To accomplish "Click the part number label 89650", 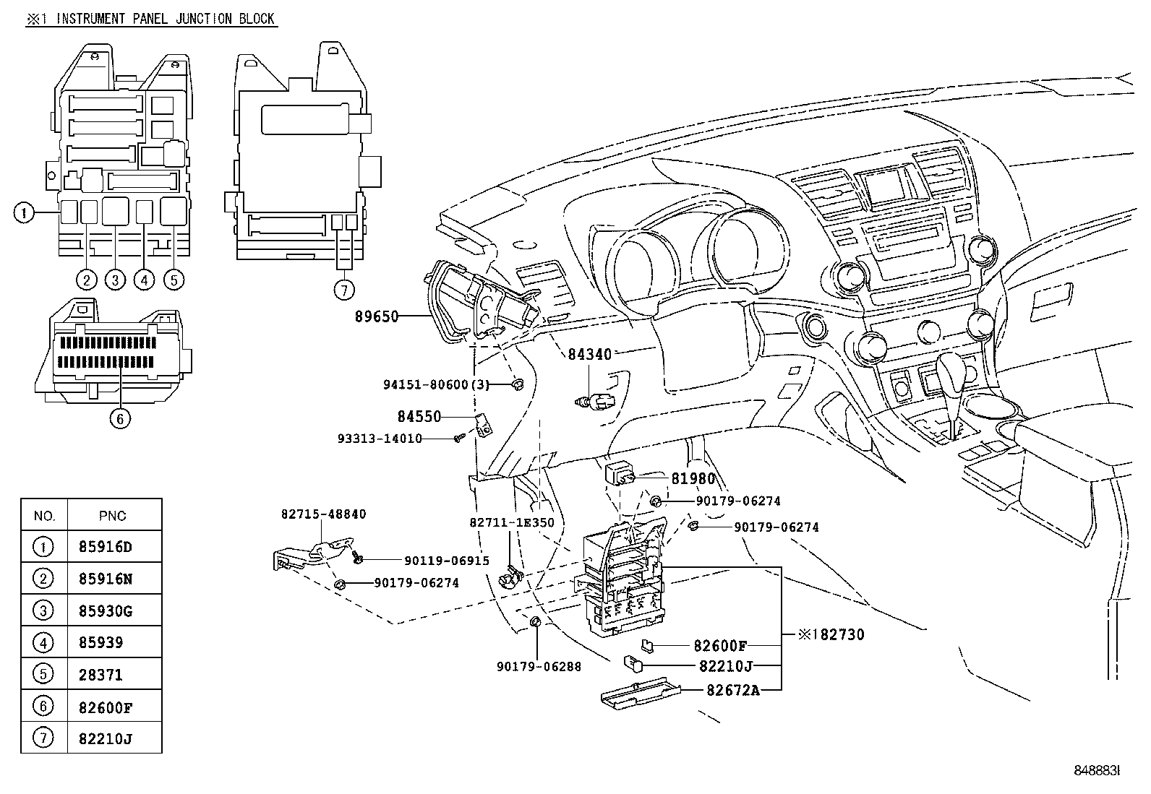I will pos(377,316).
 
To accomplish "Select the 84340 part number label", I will pos(589,354).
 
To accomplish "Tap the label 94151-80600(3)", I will pos(436,385).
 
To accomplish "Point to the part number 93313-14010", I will pos(380,439).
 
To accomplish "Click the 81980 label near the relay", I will pos(693,478).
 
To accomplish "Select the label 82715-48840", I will pos(323,514).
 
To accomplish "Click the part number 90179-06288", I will pos(539,666).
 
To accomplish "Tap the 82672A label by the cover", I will pos(733,689).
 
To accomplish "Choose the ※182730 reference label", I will pos(831,635).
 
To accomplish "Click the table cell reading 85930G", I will pos(106,611).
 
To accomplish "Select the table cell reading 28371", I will pos(100,675).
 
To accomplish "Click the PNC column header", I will pos(112,516).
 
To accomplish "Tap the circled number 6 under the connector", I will pos(121,418).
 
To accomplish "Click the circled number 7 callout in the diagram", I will pos(344,290).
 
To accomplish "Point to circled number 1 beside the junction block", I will pos(24,213).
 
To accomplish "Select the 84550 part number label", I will pos(419,416).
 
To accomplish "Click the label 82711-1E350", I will pos(511,522).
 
